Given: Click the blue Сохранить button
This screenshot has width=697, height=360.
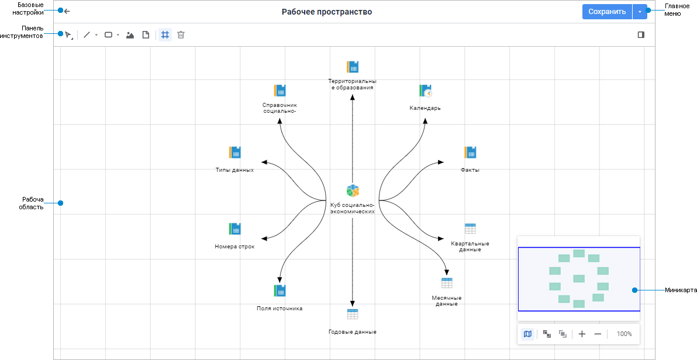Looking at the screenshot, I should tap(607, 12).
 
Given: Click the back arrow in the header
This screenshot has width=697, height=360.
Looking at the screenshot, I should tap(67, 11).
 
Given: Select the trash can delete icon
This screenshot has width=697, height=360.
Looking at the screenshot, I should tap(181, 35).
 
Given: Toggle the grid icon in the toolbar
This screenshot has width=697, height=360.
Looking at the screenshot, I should tap(165, 35).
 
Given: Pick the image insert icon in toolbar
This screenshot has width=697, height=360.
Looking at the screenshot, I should tap(130, 35).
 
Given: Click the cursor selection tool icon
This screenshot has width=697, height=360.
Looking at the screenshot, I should tap(68, 35).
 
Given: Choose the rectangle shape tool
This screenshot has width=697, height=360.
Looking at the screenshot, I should tap(108, 35).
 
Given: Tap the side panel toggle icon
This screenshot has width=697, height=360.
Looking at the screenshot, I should tap(641, 35).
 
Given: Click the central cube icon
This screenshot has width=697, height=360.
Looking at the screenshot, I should tap(352, 191).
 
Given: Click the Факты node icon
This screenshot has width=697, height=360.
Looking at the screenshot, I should tap(470, 153).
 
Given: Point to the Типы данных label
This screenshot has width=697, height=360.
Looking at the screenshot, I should tap(234, 170).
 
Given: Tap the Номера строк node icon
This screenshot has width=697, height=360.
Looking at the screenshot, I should tap(234, 229).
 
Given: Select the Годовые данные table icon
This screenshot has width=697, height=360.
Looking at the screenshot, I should tap(352, 314).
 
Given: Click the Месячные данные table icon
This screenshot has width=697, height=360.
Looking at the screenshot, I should tap(447, 283).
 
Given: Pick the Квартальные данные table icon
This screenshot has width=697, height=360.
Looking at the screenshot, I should tap(470, 229).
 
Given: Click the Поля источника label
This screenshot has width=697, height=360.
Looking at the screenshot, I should tap(280, 308).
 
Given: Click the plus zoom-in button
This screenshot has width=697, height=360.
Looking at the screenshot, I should tap(582, 334).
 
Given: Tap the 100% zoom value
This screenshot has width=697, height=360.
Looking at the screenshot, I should tap(624, 334).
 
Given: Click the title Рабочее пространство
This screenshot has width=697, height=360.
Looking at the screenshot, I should tap(326, 12).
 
